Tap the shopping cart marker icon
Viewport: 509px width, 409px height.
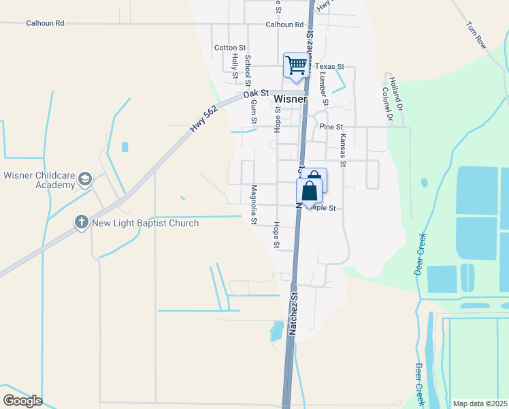point(297,65)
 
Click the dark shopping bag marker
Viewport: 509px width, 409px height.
point(309,191)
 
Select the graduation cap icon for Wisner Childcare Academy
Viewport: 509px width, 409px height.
point(85,179)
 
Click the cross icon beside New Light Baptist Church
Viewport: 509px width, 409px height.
point(81,222)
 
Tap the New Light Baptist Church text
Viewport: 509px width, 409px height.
point(145,223)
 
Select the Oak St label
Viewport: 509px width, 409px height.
point(258,93)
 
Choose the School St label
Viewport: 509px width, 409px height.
point(248,68)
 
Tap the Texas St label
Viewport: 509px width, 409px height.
point(334,67)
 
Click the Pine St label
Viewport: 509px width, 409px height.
point(329,126)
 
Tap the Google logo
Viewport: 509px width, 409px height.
point(22,401)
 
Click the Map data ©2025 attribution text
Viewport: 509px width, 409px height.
point(480,404)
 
